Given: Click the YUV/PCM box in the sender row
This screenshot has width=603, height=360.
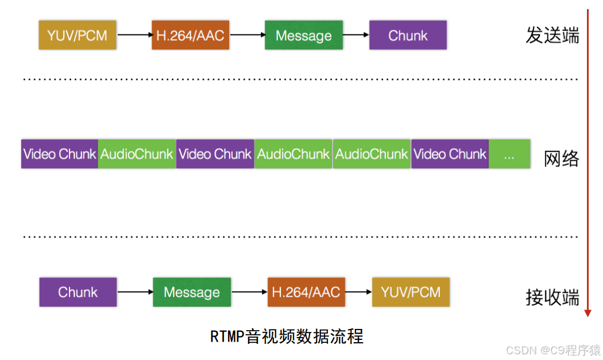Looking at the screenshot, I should pos(78,35).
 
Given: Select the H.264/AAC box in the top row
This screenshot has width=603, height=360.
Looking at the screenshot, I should pos(190,35).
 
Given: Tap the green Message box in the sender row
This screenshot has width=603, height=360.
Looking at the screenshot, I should pos(303,35).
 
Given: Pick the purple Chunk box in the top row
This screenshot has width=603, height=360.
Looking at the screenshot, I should pos(408,35).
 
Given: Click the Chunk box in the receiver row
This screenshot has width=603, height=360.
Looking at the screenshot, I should pos(78,292).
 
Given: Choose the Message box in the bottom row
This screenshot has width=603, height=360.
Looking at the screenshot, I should pos(192,292).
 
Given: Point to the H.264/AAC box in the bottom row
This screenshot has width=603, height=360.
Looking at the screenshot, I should pos(306,292).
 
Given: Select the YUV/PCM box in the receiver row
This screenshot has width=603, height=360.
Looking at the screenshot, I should pos(411,292).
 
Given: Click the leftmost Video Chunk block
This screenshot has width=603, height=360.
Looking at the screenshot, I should pos(60,154).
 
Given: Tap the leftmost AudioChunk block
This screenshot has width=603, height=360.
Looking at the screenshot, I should pos(137,154).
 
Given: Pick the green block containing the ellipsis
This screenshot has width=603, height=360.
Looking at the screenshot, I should pos(509,154).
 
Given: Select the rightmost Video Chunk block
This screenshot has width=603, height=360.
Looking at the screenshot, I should pos(450,154).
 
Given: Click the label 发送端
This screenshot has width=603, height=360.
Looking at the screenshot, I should pos(552,36).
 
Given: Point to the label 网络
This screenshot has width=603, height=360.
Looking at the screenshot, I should pos(562,158).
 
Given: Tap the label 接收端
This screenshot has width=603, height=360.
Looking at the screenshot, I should pos(552,297).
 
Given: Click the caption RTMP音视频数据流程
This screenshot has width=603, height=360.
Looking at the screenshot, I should pos(287,336).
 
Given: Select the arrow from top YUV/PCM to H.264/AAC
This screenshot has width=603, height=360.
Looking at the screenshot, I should pos(134,35).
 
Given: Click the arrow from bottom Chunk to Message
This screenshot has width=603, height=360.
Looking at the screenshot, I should pos(134,292).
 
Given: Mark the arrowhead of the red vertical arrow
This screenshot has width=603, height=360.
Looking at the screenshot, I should pos(587,313).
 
